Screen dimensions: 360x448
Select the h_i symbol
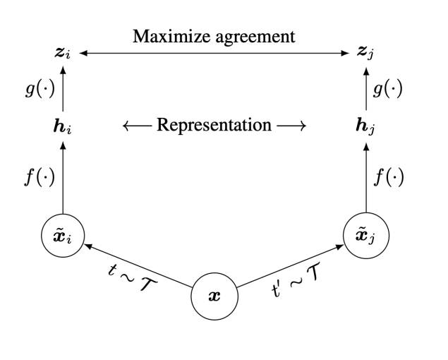tap(64, 126)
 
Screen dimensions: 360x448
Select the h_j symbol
tap(368, 126)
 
